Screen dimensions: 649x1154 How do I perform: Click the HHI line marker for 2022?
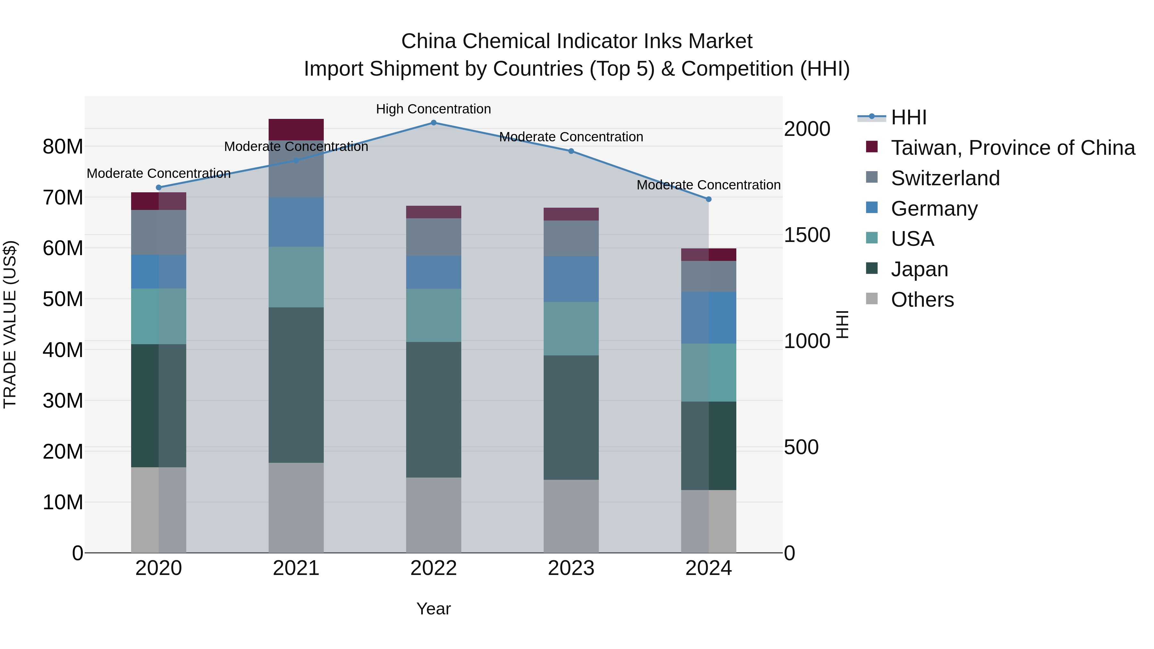tap(433, 123)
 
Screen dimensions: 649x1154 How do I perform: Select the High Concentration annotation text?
tap(433, 109)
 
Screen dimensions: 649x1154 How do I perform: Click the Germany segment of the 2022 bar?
tap(433, 272)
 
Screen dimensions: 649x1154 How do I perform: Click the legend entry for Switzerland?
tap(945, 178)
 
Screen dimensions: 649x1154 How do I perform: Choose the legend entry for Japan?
tap(919, 269)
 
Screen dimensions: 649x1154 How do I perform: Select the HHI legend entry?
tap(908, 117)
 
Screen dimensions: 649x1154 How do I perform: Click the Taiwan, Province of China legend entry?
tap(1012, 148)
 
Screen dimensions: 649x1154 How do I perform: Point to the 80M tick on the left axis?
tap(63, 146)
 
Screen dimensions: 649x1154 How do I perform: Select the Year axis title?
tap(433, 609)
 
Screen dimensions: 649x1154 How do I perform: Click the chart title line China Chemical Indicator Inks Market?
tap(577, 41)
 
